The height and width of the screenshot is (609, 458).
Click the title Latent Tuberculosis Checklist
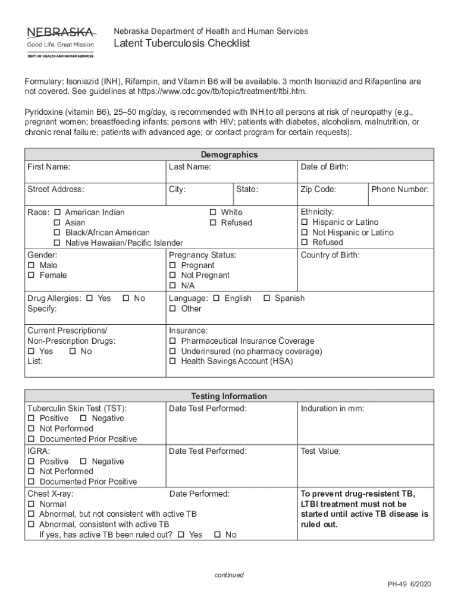[x=181, y=43]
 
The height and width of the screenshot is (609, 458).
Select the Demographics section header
[x=229, y=155]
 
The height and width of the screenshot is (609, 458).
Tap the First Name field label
[x=49, y=167]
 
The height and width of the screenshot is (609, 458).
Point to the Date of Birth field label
[x=324, y=167]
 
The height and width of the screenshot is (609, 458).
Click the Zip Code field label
[x=318, y=190]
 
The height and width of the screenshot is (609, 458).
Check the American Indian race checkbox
[x=58, y=212]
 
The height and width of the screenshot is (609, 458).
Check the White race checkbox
[x=213, y=212]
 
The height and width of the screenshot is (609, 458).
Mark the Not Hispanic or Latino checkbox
[x=305, y=233]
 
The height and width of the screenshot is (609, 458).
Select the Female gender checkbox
[x=31, y=275]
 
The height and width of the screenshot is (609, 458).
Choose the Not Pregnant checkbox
[x=172, y=275]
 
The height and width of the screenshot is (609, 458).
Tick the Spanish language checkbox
[x=266, y=299]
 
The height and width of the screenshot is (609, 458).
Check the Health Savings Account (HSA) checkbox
[x=172, y=361]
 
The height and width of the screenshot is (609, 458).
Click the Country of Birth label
[x=330, y=255]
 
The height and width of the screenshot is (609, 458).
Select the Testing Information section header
[x=229, y=396]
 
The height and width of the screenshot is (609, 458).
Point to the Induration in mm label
[x=332, y=409]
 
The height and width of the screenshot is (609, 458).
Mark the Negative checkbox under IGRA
[x=83, y=462]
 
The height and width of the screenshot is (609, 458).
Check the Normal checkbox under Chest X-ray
[x=31, y=504]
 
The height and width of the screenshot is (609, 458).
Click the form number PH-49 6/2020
[x=409, y=584]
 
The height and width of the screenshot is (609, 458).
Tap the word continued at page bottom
[x=229, y=575]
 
